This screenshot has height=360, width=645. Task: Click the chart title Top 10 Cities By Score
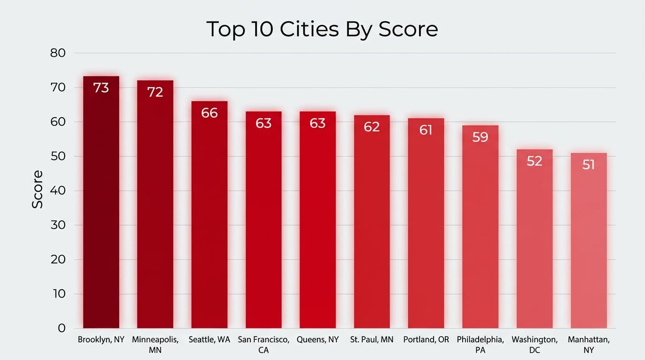pos(322,29)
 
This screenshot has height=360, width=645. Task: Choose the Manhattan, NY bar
pos(589,244)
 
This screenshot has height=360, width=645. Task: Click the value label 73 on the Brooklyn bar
pos(101,88)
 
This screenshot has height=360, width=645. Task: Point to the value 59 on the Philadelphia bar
pos(480,137)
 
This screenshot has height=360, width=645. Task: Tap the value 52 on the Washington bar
pos(534,161)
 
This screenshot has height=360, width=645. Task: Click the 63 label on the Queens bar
pos(318,123)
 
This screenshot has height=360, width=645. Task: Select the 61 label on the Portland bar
pos(426,130)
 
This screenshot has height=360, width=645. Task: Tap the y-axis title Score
pos(37,189)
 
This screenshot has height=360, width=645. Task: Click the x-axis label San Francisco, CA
pos(263,344)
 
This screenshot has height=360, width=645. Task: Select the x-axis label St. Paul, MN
pos(372,339)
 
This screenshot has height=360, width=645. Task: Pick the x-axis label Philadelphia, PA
pos(480,344)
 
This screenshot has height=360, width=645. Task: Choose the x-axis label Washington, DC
pos(534,344)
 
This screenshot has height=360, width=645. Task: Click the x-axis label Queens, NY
pos(318,339)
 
